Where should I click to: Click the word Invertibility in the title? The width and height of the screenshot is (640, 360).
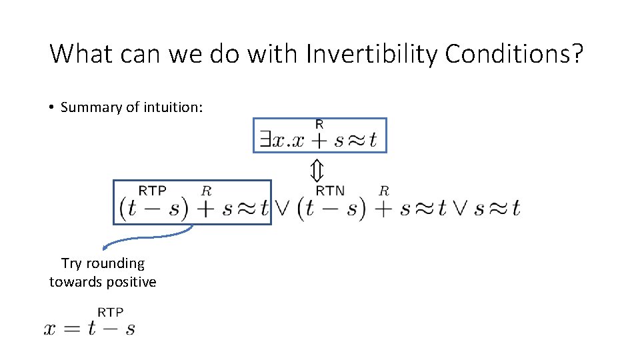pos(371,53)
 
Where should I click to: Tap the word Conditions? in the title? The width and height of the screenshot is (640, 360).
pos(514,53)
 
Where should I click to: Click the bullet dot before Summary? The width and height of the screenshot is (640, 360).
pos(51,107)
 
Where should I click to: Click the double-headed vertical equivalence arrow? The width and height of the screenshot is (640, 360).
pos(317,171)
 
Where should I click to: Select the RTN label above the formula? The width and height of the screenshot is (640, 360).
pos(331,191)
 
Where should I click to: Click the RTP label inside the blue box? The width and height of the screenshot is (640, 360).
pos(153,191)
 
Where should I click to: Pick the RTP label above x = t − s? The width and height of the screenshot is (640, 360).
pos(111,312)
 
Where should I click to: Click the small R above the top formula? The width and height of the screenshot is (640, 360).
pos(319,124)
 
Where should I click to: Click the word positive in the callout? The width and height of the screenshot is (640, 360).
pos(131,282)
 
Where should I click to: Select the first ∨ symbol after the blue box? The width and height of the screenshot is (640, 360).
pos(283,209)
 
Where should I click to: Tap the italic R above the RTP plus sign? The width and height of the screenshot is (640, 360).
pos(206,191)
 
